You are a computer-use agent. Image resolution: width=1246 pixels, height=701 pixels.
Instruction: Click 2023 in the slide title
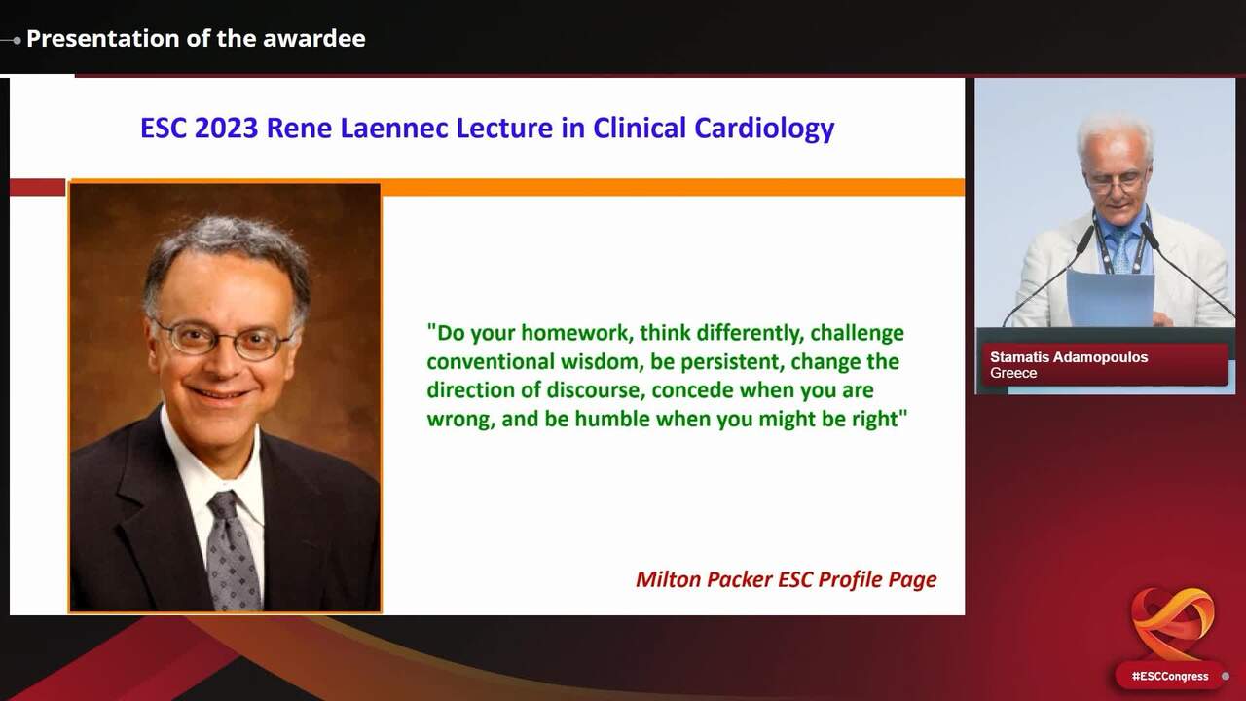(227, 128)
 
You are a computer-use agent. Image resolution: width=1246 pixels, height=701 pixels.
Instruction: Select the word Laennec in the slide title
(392, 128)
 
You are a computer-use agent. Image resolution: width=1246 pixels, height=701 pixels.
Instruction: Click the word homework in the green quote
(577, 333)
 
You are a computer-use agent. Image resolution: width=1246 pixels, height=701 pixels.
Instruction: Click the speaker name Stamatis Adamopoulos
(1069, 357)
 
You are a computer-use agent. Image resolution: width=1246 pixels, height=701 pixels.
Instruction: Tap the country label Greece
(1013, 373)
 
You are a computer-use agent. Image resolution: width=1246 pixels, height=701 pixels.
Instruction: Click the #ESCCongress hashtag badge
(1170, 677)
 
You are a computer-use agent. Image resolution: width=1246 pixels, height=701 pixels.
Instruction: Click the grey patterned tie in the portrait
(232, 551)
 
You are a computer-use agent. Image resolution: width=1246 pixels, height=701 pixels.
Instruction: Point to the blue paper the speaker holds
(1110, 298)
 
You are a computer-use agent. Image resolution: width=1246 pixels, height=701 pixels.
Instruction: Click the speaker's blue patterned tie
(1122, 250)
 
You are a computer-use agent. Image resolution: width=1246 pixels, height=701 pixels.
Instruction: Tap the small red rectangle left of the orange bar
(37, 188)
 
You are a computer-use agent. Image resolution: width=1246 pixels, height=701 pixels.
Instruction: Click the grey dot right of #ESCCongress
(1226, 677)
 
